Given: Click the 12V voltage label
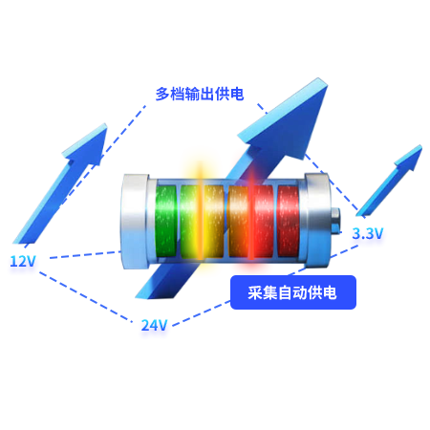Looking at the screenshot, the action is [23, 261].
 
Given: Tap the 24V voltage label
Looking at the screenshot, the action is [154, 325].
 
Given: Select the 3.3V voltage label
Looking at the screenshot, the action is [367, 233].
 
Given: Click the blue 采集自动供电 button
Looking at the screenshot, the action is [293, 292].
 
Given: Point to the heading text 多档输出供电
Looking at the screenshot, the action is [200, 94].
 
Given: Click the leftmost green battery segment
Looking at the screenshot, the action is [165, 221].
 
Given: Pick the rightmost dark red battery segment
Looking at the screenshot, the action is [289, 221].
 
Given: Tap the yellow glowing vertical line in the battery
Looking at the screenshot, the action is [200, 212].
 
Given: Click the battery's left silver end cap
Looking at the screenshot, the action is [135, 221].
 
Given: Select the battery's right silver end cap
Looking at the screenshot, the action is [317, 221].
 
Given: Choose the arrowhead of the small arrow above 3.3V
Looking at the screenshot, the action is [410, 158].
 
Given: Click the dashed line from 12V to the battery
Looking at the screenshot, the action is [85, 254].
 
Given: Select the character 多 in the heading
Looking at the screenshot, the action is [162, 94].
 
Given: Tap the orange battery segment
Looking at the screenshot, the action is [238, 221].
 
